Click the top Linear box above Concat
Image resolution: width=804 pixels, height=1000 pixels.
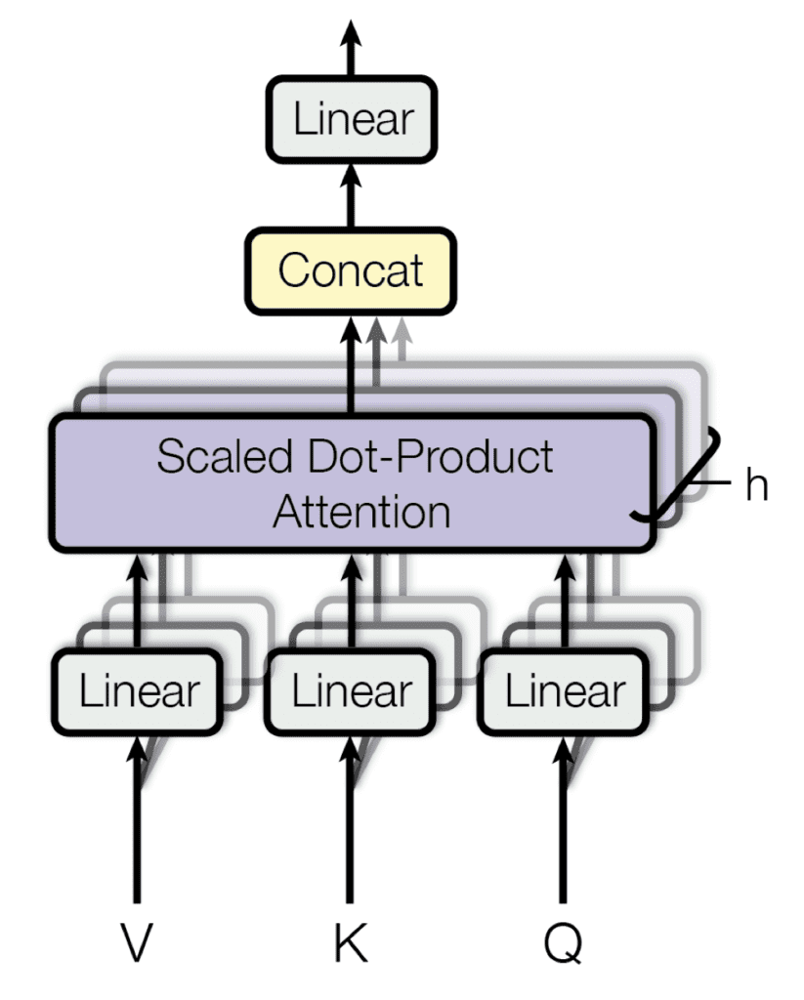click(351, 119)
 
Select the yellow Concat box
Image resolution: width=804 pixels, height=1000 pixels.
click(351, 271)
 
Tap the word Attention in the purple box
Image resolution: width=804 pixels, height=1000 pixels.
click(361, 512)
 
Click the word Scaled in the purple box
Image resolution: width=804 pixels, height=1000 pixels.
click(226, 456)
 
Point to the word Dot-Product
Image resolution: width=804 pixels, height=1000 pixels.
click(431, 457)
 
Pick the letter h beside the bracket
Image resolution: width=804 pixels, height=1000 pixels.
click(757, 484)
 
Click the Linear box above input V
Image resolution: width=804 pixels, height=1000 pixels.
click(138, 691)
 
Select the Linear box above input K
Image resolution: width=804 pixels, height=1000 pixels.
click(351, 691)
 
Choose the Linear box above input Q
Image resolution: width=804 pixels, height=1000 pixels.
click(564, 691)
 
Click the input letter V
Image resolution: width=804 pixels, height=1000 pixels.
click(137, 942)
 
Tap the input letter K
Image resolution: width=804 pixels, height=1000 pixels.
click(351, 942)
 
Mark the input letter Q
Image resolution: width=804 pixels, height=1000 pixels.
click(564, 944)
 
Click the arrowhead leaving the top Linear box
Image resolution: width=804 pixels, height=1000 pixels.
click(351, 32)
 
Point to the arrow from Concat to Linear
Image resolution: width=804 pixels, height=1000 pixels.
click(351, 195)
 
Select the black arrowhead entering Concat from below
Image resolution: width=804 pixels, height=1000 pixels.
click(351, 329)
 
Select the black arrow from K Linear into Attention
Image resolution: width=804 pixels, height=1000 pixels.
click(351, 601)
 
